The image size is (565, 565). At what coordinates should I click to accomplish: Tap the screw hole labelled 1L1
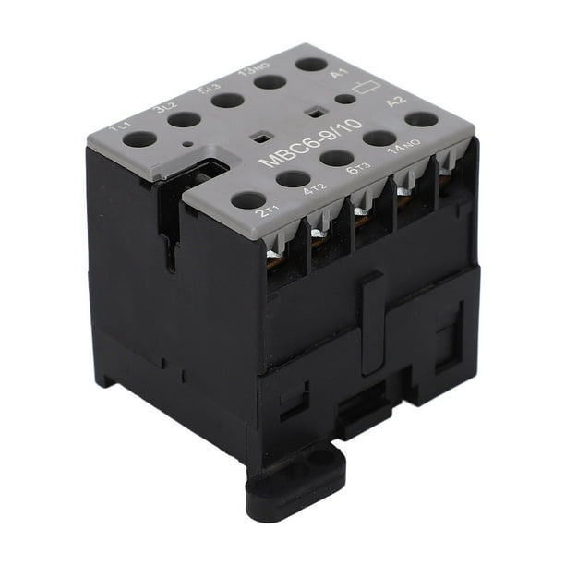(x=140, y=139)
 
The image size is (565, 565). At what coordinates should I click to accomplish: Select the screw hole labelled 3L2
(x=185, y=119)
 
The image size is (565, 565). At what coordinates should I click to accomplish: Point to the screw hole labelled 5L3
(x=228, y=100)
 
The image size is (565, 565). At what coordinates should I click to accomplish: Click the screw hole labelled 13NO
(x=270, y=82)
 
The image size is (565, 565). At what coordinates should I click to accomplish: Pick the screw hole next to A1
(x=311, y=65)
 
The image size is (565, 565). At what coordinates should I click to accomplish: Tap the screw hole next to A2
(x=420, y=119)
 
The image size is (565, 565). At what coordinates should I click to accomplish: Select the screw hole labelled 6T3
(x=337, y=158)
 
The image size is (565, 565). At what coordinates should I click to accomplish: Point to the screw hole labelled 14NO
(x=379, y=138)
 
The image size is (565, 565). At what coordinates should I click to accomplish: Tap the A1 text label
(x=340, y=73)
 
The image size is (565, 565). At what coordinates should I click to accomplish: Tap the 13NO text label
(x=248, y=72)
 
